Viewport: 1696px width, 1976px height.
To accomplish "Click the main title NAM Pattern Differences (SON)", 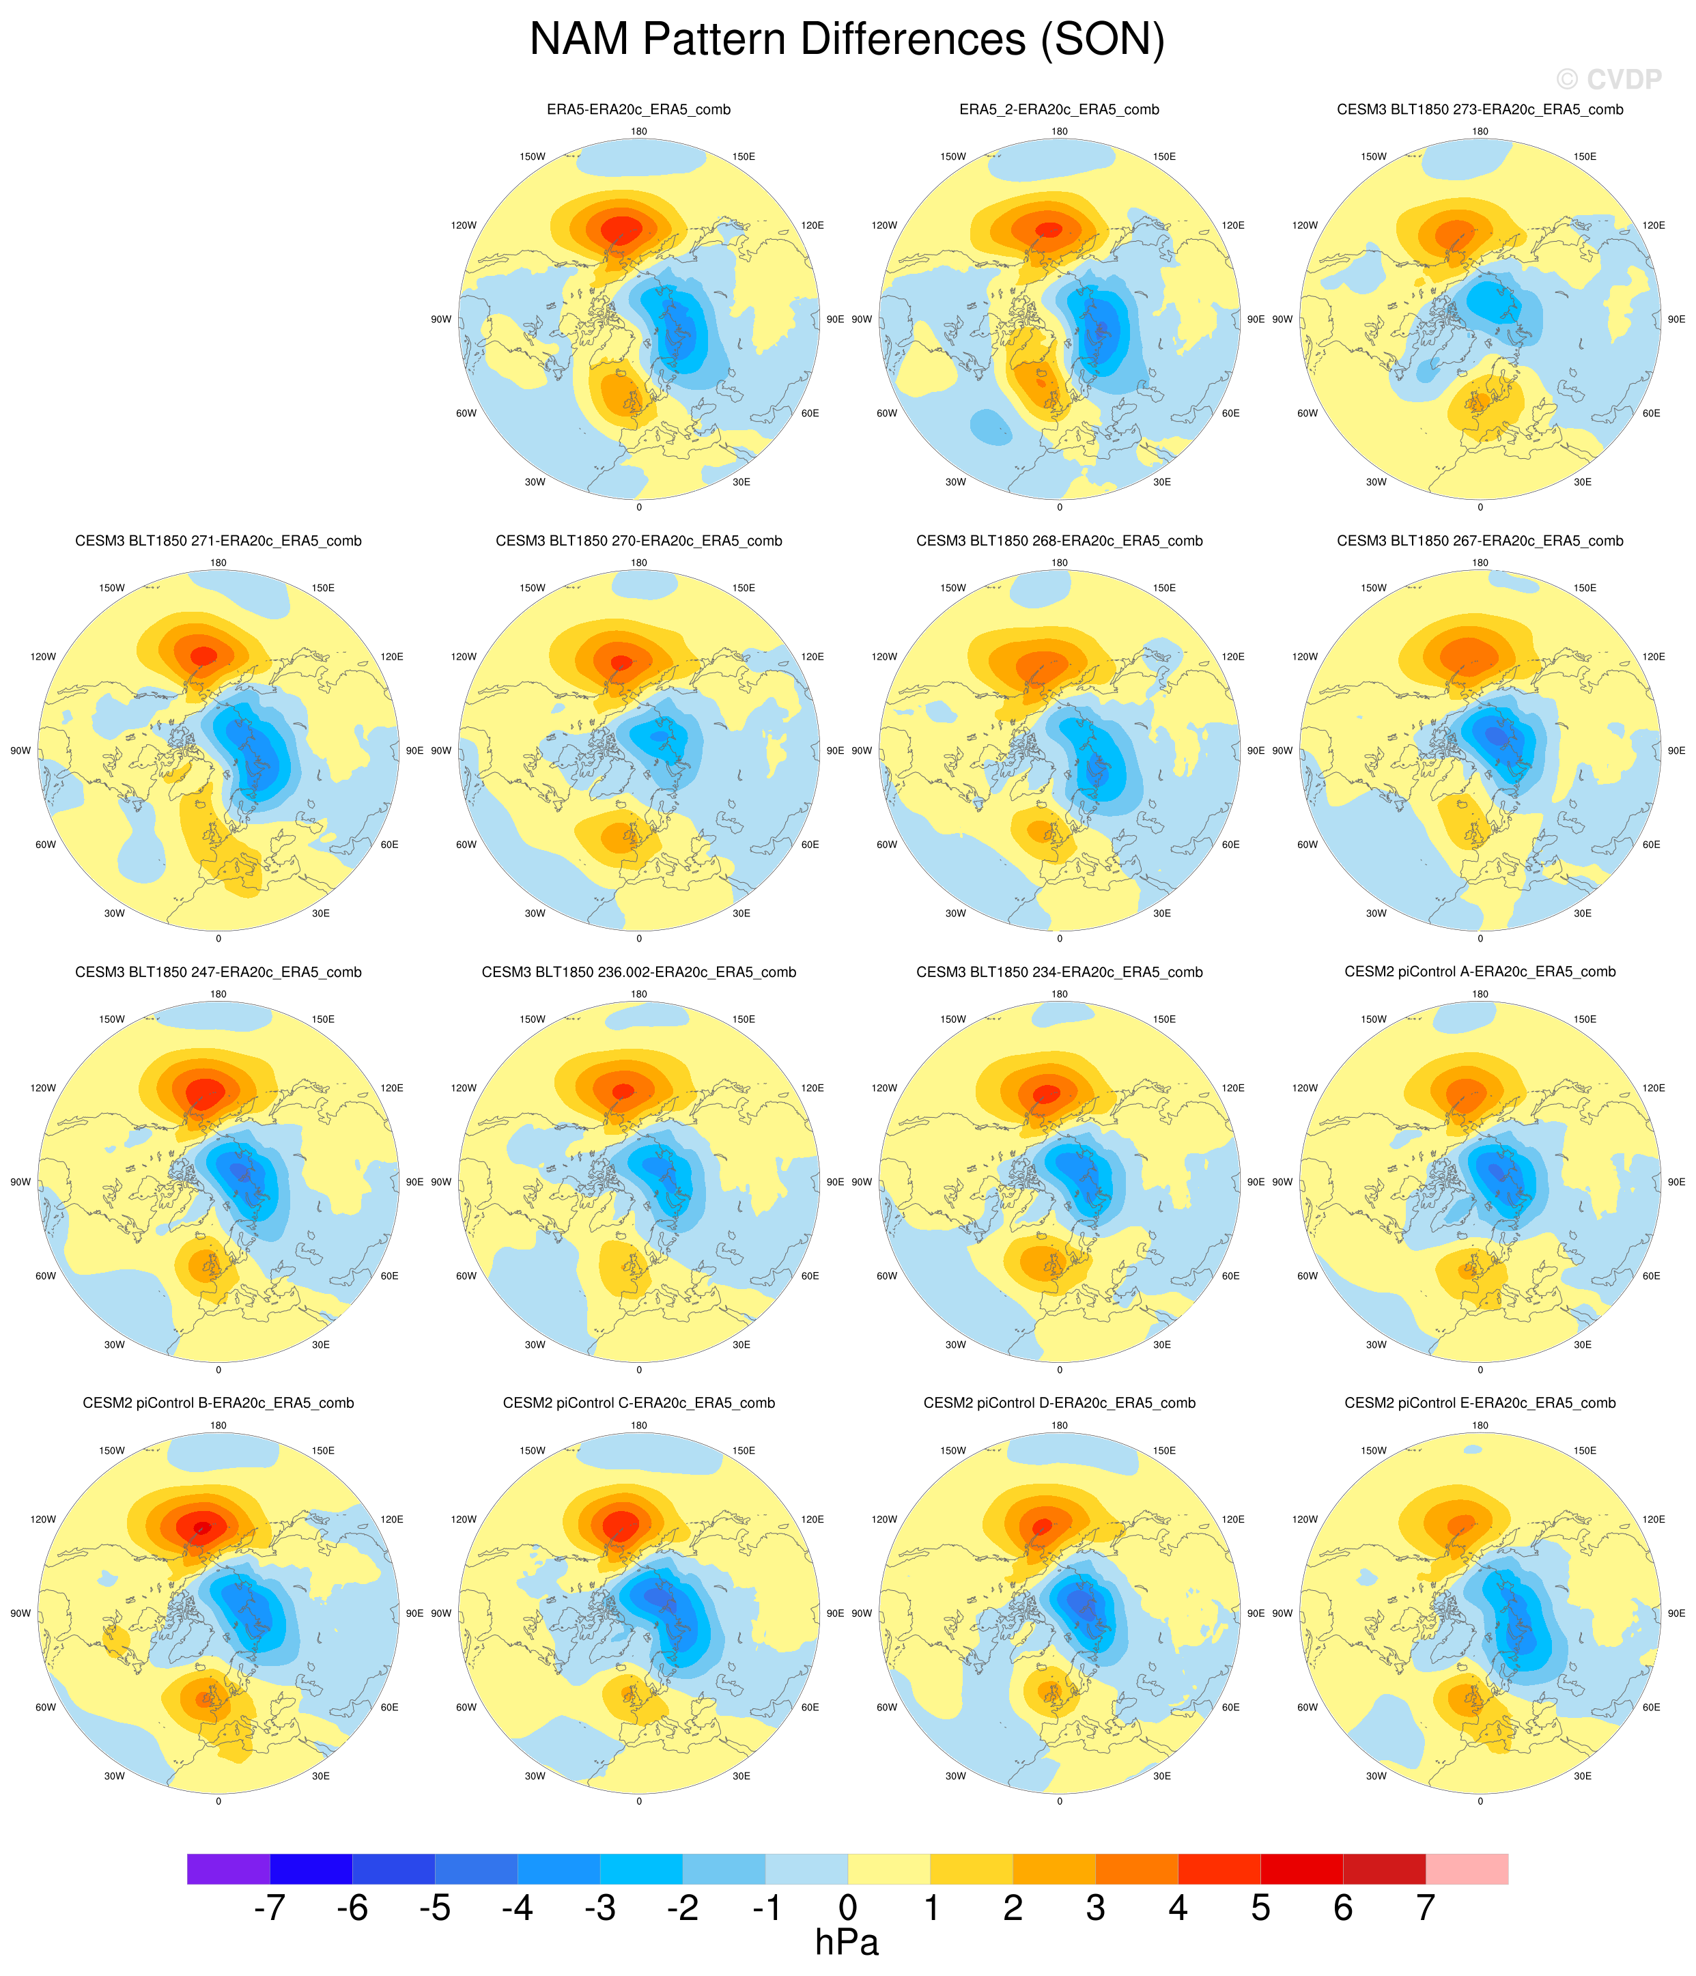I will (847, 40).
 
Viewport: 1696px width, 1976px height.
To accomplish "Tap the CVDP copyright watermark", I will (1608, 79).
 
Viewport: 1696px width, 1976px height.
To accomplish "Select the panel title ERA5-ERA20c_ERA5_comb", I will (638, 110).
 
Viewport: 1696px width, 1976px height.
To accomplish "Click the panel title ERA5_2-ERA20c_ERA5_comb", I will (1059, 110).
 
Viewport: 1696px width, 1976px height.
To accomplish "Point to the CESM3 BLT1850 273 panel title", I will (1480, 110).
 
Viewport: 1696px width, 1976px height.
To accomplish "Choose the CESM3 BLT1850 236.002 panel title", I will (638, 972).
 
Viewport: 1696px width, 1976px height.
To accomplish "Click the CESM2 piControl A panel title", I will (1480, 972).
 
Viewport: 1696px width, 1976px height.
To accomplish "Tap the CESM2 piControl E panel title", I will (1480, 1403).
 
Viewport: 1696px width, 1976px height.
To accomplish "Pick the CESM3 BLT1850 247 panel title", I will (218, 972).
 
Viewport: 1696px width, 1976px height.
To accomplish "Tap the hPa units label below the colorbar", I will (847, 1942).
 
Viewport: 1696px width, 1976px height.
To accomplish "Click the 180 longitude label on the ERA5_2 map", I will (1059, 132).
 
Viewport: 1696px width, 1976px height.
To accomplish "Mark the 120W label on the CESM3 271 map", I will (43, 657).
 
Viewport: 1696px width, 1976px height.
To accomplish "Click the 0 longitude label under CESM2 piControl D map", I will (1059, 1801).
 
